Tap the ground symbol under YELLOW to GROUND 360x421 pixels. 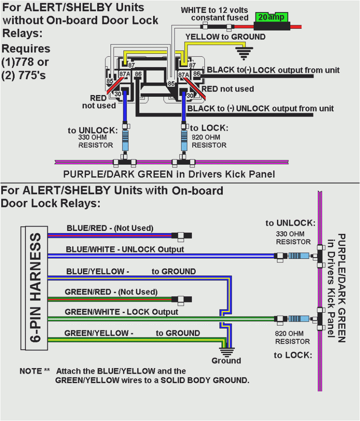tap(245, 54)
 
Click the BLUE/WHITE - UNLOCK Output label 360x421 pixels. tap(125, 249)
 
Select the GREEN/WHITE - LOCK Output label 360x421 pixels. tap(121, 312)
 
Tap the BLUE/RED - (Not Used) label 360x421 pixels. tap(110, 228)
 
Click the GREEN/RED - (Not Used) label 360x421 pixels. tap(111, 292)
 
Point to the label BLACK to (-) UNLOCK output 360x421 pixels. tap(261, 108)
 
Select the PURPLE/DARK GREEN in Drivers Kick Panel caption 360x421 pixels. tap(169, 174)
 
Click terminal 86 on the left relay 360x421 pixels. tap(138, 74)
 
